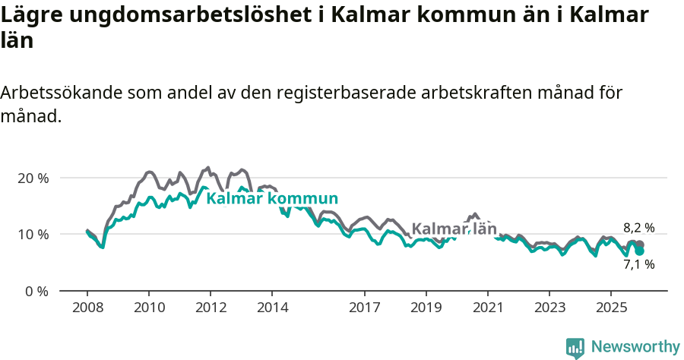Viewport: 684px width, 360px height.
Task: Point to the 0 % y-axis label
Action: [x=36, y=291]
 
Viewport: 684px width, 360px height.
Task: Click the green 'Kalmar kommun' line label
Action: [x=272, y=199]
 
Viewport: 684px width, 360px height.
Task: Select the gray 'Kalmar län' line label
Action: [x=454, y=229]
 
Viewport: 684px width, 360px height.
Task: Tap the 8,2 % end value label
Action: [x=638, y=227]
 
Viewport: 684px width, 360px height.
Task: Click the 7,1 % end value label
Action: [x=638, y=264]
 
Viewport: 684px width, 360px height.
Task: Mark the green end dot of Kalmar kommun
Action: [x=640, y=251]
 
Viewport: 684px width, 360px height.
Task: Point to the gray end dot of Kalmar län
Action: [x=640, y=244]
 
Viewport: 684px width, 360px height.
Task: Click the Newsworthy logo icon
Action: [x=575, y=348]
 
